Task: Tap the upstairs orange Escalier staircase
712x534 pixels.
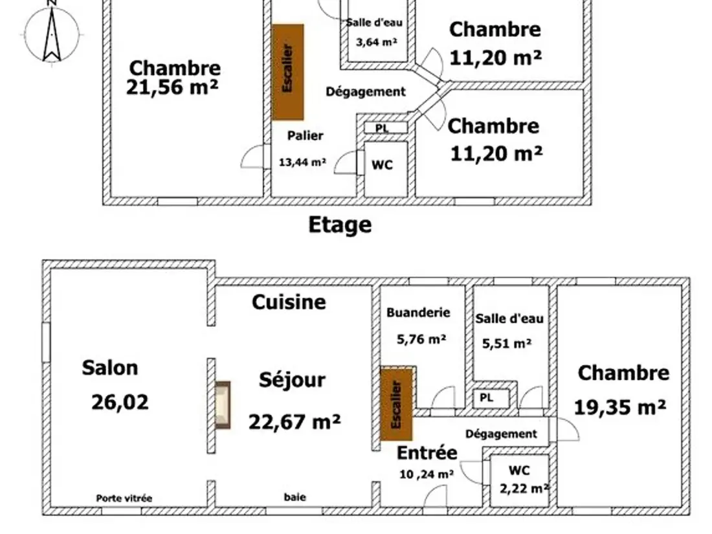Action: click(287, 72)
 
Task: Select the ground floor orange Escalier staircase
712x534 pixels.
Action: click(396, 404)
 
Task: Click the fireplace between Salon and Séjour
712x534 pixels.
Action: click(223, 405)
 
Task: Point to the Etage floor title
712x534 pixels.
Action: click(340, 225)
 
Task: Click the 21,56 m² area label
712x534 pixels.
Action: click(172, 87)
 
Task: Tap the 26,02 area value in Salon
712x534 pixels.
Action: click(120, 403)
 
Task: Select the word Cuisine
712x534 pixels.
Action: click(289, 302)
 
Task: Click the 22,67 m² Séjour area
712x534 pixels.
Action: click(295, 422)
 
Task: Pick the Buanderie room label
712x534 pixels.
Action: click(418, 313)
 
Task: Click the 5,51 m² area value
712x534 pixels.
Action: click(507, 343)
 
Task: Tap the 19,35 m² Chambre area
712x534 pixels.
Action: click(620, 407)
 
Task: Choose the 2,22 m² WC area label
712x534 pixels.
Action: click(524, 489)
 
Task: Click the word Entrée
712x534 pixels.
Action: click(427, 452)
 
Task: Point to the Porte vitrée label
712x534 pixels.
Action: click(124, 498)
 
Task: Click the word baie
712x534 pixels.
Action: click(295, 496)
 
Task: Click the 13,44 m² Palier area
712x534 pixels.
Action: click(302, 162)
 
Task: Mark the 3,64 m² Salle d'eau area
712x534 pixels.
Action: click(377, 42)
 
